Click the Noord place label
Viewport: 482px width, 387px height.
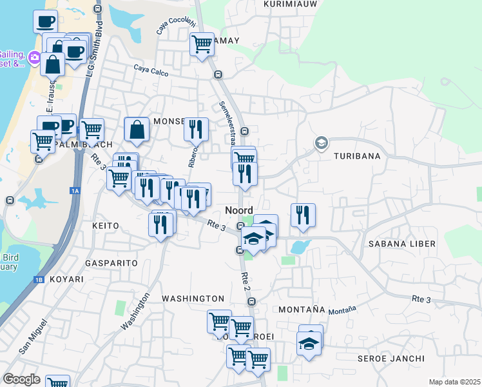238,210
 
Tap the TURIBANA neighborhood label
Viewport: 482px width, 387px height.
357,156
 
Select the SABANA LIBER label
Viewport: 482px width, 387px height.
401,244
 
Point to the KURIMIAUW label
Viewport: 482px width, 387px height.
288,4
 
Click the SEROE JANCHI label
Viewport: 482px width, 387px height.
391,359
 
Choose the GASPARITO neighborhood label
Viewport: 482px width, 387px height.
111,263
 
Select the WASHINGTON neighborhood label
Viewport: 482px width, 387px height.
193,299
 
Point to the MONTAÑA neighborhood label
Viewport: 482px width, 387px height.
301,310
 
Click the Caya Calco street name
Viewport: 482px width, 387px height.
151,70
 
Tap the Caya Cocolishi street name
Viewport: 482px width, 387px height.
175,25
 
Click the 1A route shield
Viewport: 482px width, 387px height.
75,190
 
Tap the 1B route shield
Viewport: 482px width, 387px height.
39,280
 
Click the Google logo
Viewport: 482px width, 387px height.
21,379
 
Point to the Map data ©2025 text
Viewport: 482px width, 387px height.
454,382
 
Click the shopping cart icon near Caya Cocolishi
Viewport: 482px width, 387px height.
202,45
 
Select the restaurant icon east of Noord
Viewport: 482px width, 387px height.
302,215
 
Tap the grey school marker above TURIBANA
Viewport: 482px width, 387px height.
321,143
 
